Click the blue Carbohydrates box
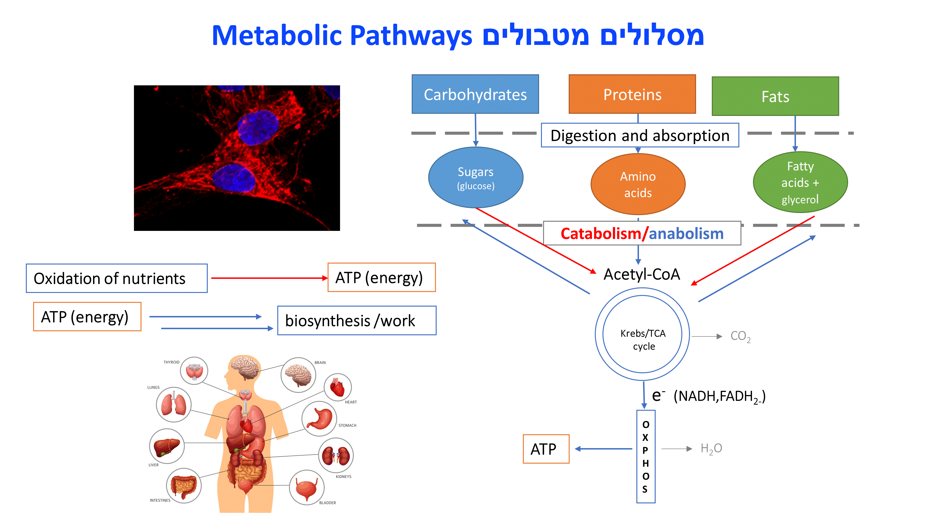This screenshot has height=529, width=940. pyautogui.click(x=475, y=94)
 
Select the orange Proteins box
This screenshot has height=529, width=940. pyautogui.click(x=632, y=94)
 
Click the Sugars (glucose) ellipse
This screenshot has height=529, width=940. pyautogui.click(x=475, y=178)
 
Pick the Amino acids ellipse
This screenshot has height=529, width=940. pyautogui.click(x=638, y=184)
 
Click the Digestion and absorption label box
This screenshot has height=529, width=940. pyautogui.click(x=640, y=135)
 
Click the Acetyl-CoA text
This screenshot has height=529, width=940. pyautogui.click(x=642, y=274)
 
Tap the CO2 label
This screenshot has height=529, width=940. pyautogui.click(x=740, y=336)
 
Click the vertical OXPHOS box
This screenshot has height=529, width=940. pyautogui.click(x=646, y=456)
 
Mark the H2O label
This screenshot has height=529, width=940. pyautogui.click(x=711, y=449)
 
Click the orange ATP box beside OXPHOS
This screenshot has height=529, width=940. pyautogui.click(x=546, y=449)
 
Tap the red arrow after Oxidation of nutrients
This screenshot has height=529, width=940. pyautogui.click(x=269, y=278)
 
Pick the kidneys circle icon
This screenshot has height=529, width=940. pyautogui.click(x=336, y=455)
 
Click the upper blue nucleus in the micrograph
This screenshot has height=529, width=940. pyautogui.click(x=258, y=128)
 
